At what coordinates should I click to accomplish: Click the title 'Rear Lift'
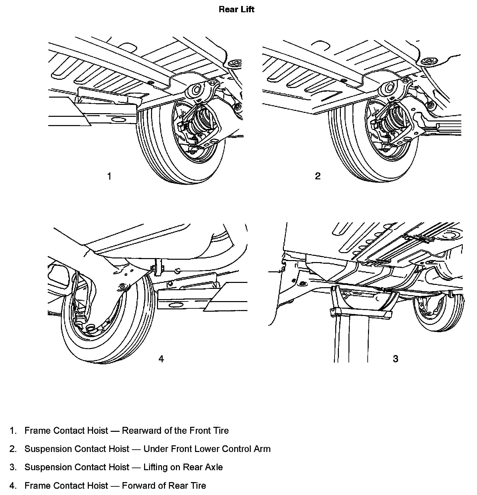click(236, 9)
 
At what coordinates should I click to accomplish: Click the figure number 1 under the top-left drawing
click(109, 176)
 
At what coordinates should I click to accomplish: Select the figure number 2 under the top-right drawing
click(318, 176)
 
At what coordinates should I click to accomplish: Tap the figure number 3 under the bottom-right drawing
click(395, 359)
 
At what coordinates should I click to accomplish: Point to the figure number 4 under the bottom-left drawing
click(161, 359)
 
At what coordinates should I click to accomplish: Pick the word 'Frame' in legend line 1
click(37, 430)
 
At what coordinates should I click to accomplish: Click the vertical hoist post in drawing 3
click(351, 341)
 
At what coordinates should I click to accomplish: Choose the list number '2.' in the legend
click(13, 449)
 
